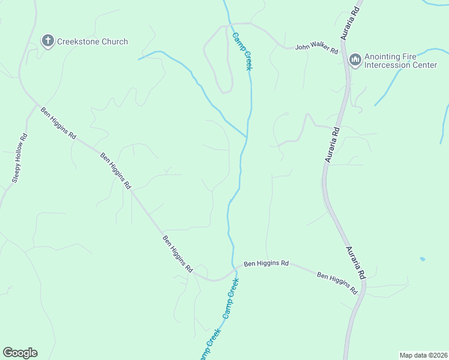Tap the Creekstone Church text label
tap(92, 41)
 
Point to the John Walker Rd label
tap(316, 49)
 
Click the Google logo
tap(20, 353)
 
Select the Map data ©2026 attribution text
tap(423, 355)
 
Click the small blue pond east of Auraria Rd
tap(423, 259)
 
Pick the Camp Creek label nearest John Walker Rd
tap(241, 51)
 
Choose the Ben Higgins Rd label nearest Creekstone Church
tap(58, 123)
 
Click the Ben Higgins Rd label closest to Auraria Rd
tap(337, 283)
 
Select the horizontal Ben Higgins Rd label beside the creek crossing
tap(266, 263)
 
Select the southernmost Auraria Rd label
tap(355, 261)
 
